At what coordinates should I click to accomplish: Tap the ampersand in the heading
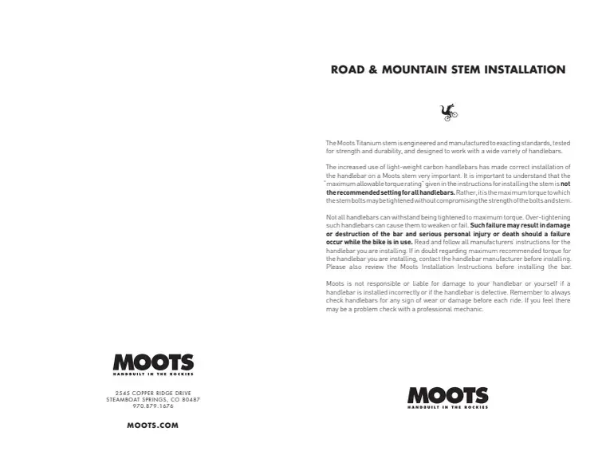373,69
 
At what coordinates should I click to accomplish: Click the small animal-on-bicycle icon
449,112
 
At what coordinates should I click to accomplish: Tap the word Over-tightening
549,218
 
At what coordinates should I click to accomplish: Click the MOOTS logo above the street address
153,364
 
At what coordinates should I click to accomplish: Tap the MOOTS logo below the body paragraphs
447,395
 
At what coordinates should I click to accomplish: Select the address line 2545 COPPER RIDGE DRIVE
153,393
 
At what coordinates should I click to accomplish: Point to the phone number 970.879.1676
153,406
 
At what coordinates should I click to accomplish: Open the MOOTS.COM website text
153,425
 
